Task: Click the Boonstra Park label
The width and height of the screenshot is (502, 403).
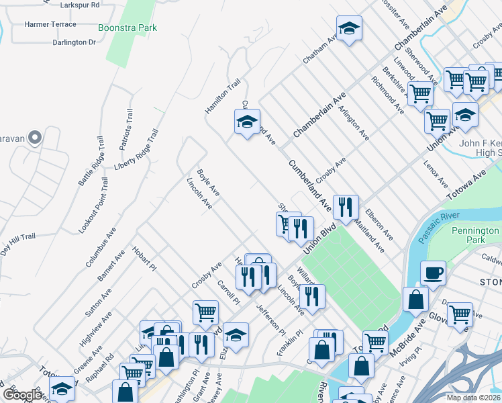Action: click(128, 28)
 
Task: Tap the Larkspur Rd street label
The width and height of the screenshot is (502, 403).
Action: click(80, 5)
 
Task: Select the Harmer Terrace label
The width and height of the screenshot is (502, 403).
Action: click(50, 24)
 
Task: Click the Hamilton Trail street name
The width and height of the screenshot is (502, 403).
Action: click(223, 96)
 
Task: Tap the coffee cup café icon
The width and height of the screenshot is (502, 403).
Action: click(433, 272)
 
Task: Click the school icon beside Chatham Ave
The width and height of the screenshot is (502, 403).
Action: click(348, 28)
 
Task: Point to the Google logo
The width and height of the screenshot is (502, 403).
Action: click(23, 395)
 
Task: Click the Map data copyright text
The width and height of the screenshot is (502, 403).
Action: click(472, 398)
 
